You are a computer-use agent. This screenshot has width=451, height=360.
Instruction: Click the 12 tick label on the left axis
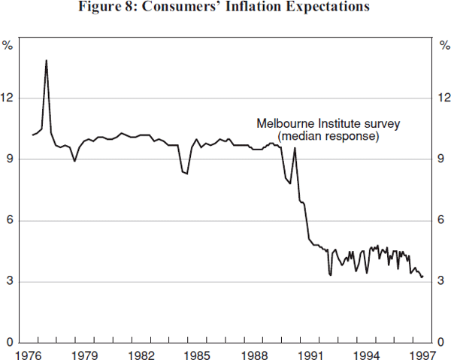point(9,98)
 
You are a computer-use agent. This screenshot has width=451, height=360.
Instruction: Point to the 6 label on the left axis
point(11,220)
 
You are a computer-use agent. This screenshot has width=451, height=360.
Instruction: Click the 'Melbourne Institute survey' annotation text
point(329,123)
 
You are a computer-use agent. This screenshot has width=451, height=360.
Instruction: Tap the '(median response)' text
point(328,137)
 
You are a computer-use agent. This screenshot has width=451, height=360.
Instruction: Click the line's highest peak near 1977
point(46,60)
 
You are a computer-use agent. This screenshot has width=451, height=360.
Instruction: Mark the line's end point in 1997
point(422,277)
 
